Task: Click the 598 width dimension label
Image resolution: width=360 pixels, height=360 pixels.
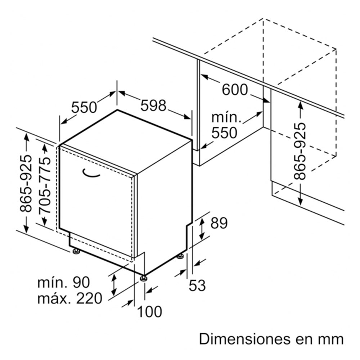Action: (x=153, y=105)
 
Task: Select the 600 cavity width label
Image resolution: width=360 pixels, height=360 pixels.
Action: (x=235, y=90)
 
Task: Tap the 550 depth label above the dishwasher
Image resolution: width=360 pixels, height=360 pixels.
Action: (x=84, y=107)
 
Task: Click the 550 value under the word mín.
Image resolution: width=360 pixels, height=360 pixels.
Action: (x=224, y=133)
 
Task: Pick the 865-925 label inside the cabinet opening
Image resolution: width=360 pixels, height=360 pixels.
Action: (x=300, y=151)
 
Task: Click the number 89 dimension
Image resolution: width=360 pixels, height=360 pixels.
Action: (x=219, y=223)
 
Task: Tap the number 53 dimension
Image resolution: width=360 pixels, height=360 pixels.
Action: (x=197, y=285)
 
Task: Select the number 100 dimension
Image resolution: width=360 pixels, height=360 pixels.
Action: (x=150, y=312)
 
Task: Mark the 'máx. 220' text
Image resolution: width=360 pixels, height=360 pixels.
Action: (x=70, y=298)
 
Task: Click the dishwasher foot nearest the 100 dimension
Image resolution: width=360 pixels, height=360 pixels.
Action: (x=144, y=278)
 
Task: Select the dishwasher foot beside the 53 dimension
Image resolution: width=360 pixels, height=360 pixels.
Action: (x=180, y=256)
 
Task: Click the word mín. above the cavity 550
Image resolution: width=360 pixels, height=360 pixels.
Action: (x=226, y=117)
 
